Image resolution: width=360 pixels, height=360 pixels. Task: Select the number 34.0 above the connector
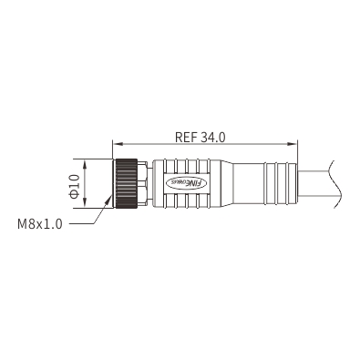[x=212, y=137]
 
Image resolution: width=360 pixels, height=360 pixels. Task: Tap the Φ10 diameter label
[x=75, y=186]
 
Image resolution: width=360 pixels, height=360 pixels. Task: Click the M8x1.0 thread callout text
[x=40, y=224]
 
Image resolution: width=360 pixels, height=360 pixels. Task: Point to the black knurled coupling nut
[x=126, y=183]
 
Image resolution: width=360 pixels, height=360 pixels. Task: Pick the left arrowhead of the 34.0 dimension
[x=117, y=144]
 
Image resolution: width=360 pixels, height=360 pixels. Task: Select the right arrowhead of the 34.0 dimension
[x=293, y=144]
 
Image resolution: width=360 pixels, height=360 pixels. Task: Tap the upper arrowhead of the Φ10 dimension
[x=86, y=164]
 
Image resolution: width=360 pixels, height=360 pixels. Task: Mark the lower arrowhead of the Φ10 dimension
[x=86, y=203]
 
